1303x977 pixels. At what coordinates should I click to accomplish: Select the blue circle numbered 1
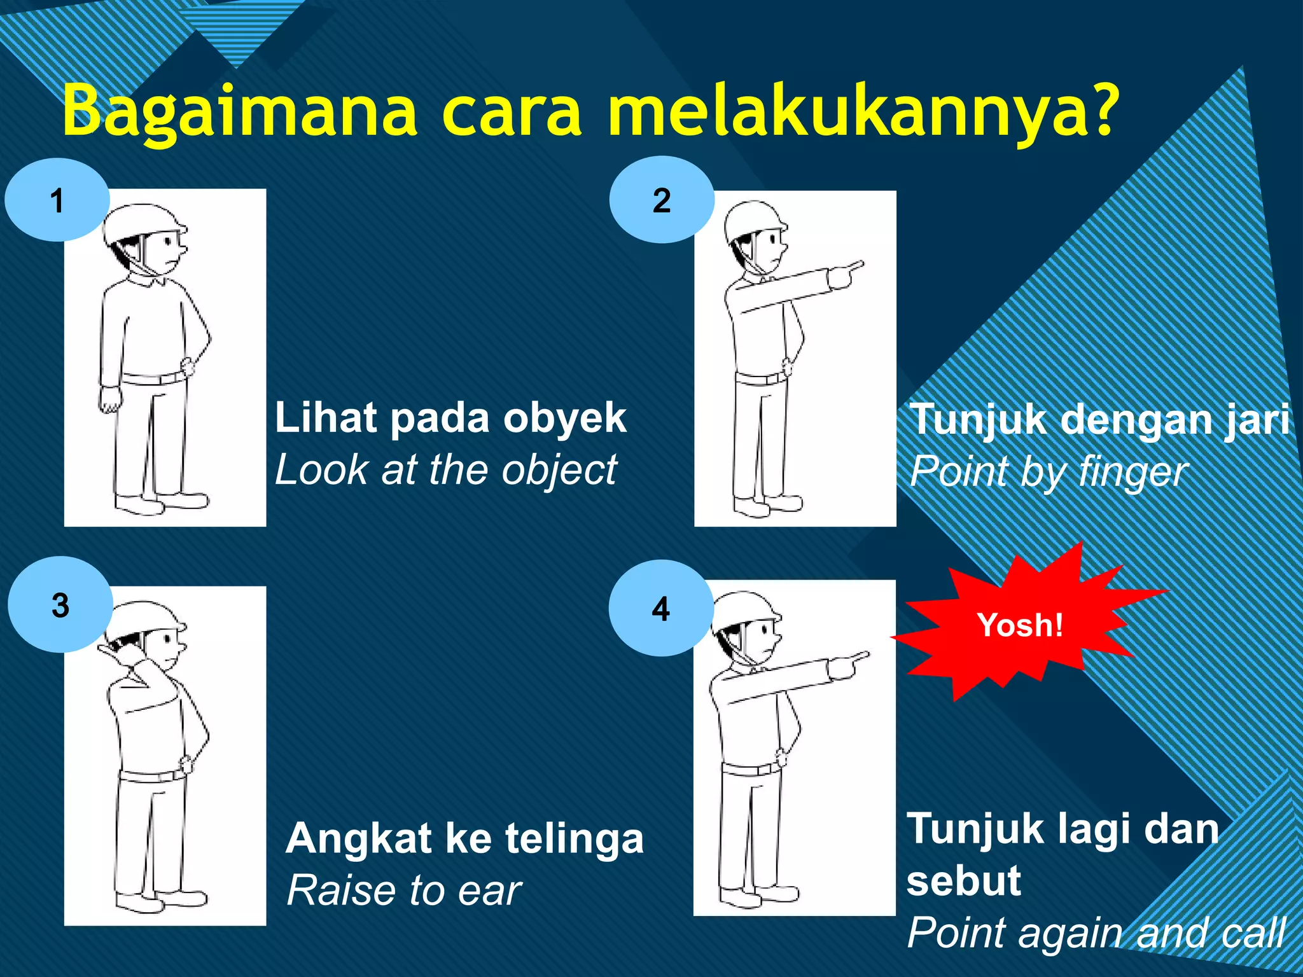point(57,200)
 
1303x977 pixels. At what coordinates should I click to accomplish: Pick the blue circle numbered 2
point(662,200)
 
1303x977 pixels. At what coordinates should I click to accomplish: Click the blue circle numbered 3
point(60,604)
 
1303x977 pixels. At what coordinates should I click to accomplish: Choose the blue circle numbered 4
point(660,609)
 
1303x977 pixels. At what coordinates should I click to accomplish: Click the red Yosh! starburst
point(1020,625)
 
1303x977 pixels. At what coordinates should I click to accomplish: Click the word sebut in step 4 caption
point(963,881)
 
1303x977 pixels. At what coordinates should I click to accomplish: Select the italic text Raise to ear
point(403,890)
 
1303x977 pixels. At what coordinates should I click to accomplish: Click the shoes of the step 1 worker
point(162,502)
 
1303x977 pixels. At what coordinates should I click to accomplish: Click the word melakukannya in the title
point(853,111)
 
